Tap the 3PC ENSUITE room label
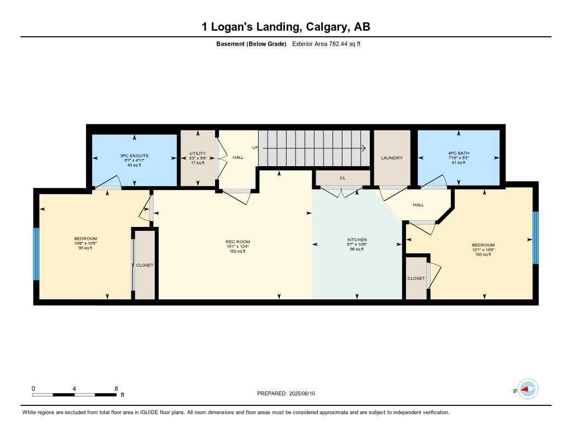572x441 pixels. point(134,156)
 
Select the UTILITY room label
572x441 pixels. point(197,153)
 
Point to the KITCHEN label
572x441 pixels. point(357,240)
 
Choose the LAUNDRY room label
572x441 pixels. point(392,158)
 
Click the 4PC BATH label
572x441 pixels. point(459,153)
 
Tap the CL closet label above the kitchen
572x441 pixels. point(343,178)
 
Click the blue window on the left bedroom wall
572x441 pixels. point(37,254)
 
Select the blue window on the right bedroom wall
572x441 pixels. point(535,237)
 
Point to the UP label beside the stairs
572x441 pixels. point(255,148)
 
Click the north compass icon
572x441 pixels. point(527,389)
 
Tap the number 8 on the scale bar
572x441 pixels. point(116,389)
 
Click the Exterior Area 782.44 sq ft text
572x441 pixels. point(326,43)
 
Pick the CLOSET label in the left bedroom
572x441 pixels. point(145,265)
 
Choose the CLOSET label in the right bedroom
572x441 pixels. point(416,278)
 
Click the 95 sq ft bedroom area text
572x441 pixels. point(85,248)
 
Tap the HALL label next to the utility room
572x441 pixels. point(238,158)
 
